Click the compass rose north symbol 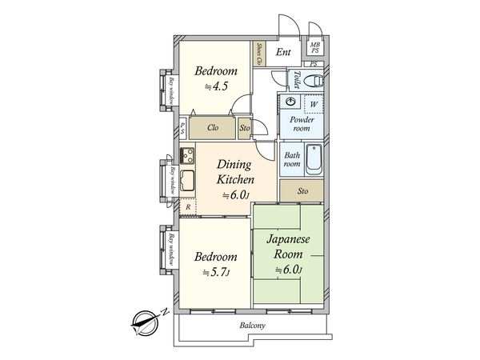click(x=146, y=322)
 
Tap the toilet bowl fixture click(x=314, y=81)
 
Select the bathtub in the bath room click(x=314, y=159)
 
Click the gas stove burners click(x=187, y=155)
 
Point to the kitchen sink click(x=187, y=180)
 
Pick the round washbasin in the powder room click(x=290, y=102)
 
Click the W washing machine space click(x=314, y=104)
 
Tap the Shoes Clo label click(x=259, y=54)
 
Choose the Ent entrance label click(x=283, y=52)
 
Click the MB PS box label click(x=315, y=48)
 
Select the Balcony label click(x=252, y=325)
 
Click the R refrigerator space click(x=188, y=207)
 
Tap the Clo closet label click(x=213, y=127)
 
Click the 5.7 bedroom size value click(x=217, y=272)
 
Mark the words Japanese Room click(x=288, y=246)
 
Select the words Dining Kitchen click(x=235, y=172)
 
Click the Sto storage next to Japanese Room click(x=302, y=191)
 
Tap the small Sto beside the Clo click(x=245, y=128)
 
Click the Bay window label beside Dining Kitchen click(x=173, y=180)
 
